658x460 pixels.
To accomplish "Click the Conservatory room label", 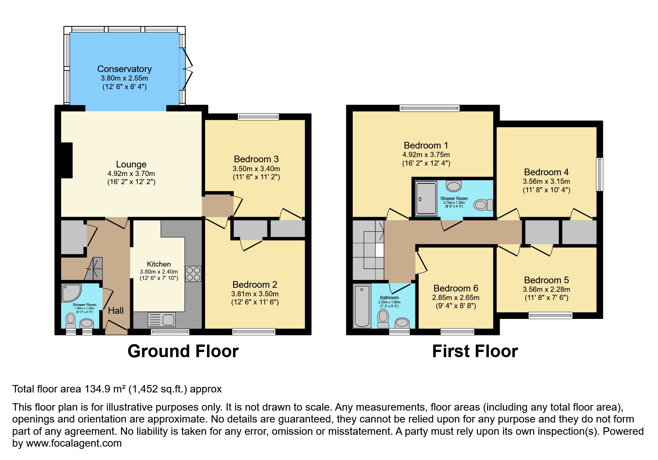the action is [124, 69].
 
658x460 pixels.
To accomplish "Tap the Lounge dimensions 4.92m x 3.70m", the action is [131, 173].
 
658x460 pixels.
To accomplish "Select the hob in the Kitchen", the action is [193, 274].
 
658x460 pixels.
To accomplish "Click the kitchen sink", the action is [162, 320].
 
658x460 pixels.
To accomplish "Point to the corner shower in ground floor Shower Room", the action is [71, 293].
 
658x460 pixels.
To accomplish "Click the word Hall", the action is [116, 310].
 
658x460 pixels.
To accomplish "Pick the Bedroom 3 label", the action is [256, 159].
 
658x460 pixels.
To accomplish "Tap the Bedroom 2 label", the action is [255, 285].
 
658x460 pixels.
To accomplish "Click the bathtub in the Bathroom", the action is [362, 306].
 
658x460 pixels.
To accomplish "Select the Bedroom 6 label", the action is [456, 288].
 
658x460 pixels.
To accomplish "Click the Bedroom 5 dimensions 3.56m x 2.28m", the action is [547, 290].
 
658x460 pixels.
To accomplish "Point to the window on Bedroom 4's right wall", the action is [600, 174].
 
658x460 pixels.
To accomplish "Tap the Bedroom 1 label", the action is [426, 146].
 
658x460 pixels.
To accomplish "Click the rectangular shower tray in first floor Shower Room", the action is [426, 198].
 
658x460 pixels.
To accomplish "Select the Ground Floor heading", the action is [183, 351].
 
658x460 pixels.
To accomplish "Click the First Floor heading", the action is [475, 351].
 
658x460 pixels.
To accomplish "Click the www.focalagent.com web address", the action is [74, 443].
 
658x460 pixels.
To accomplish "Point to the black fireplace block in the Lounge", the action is [67, 161].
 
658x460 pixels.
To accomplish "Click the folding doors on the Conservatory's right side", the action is [188, 69].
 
